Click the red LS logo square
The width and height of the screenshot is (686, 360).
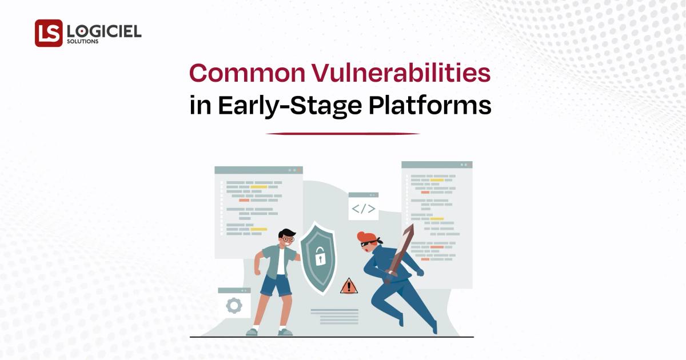(x=49, y=33)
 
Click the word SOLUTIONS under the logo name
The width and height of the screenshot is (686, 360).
(x=82, y=42)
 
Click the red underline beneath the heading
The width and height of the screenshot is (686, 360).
(x=343, y=134)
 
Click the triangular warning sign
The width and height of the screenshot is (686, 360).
(x=349, y=286)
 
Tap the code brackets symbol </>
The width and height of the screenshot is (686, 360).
(x=364, y=209)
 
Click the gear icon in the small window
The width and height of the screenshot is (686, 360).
(x=234, y=306)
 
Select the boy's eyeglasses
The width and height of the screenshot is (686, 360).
(x=288, y=240)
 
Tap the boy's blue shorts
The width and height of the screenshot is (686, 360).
(x=276, y=285)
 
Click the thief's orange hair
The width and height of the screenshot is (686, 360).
(x=365, y=237)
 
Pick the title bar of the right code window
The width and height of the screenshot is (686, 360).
(x=437, y=165)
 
